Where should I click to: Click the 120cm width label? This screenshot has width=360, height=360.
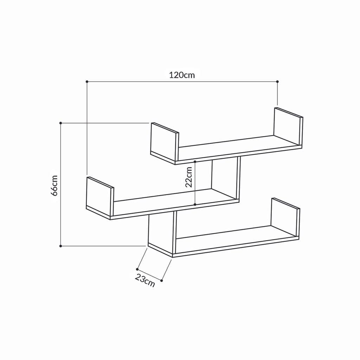point(182,75)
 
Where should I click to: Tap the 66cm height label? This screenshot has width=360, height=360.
point(54,185)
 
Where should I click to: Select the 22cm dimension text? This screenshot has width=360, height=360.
point(189,176)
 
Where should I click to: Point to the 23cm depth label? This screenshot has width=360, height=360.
point(145,281)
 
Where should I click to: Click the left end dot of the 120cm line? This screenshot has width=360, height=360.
point(87,82)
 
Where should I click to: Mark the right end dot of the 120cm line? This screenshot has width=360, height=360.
point(277,82)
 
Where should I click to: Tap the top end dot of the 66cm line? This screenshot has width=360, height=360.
point(61,123)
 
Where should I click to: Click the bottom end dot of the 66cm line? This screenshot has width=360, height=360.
point(61,246)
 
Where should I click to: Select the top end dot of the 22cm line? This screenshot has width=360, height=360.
point(195,162)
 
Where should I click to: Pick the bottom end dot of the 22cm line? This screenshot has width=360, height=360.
point(195,204)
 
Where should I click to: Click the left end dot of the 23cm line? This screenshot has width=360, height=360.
point(137,269)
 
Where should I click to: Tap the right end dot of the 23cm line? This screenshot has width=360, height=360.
point(161,281)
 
